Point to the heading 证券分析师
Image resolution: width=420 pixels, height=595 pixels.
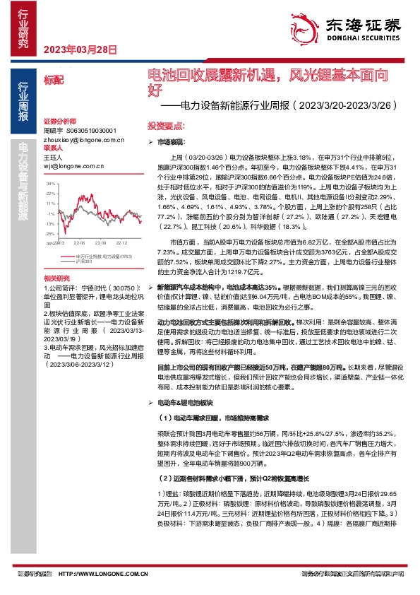(x=58, y=121)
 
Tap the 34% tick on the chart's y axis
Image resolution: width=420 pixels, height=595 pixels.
(x=50, y=183)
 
